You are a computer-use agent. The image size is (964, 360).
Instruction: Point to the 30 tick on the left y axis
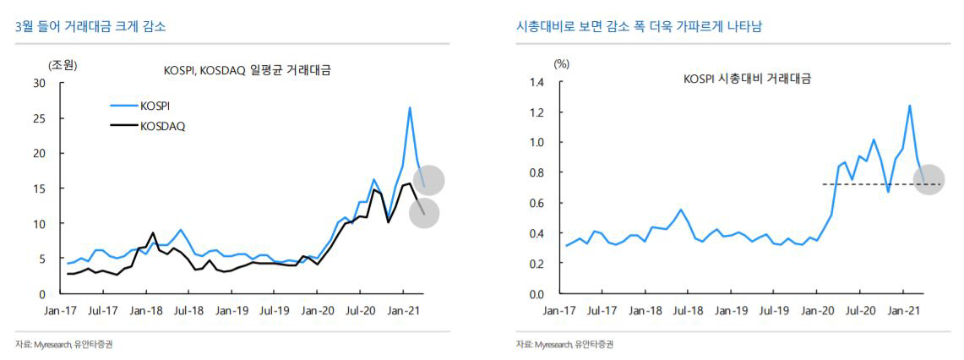39,83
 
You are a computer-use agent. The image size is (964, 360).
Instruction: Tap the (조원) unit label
62,64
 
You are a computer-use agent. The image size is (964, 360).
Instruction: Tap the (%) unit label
561,64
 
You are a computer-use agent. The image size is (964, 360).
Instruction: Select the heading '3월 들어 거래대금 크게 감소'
90,27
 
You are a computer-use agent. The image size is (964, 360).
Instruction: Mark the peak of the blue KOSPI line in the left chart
410,107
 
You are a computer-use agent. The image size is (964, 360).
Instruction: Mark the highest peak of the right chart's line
910,106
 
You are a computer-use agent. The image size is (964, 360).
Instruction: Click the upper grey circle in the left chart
429,180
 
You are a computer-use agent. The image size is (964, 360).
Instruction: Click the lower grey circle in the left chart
424,213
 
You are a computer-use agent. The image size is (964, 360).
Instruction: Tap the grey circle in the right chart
929,180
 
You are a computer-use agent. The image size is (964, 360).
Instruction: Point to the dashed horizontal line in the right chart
862,184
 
